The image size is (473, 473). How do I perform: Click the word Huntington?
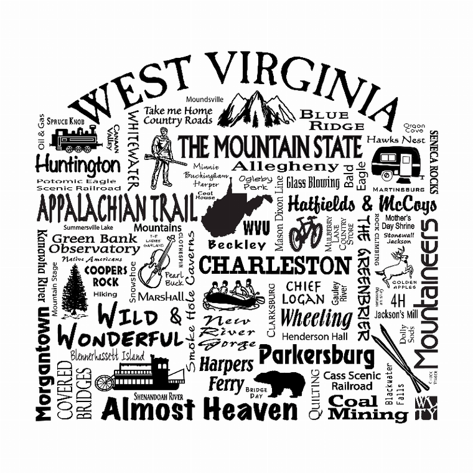point(77,165)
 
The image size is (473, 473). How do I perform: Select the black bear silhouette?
point(279,383)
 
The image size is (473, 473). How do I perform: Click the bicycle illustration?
point(306,233)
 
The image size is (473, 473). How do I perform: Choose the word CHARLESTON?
point(274,266)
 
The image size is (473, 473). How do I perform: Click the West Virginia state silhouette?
point(233,208)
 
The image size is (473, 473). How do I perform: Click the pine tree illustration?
point(75,290)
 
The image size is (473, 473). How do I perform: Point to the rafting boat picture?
point(235,295)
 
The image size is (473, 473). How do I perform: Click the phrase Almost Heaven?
point(199,410)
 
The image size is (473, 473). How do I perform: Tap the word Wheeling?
point(316,318)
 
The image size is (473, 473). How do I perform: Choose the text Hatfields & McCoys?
point(362,204)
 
